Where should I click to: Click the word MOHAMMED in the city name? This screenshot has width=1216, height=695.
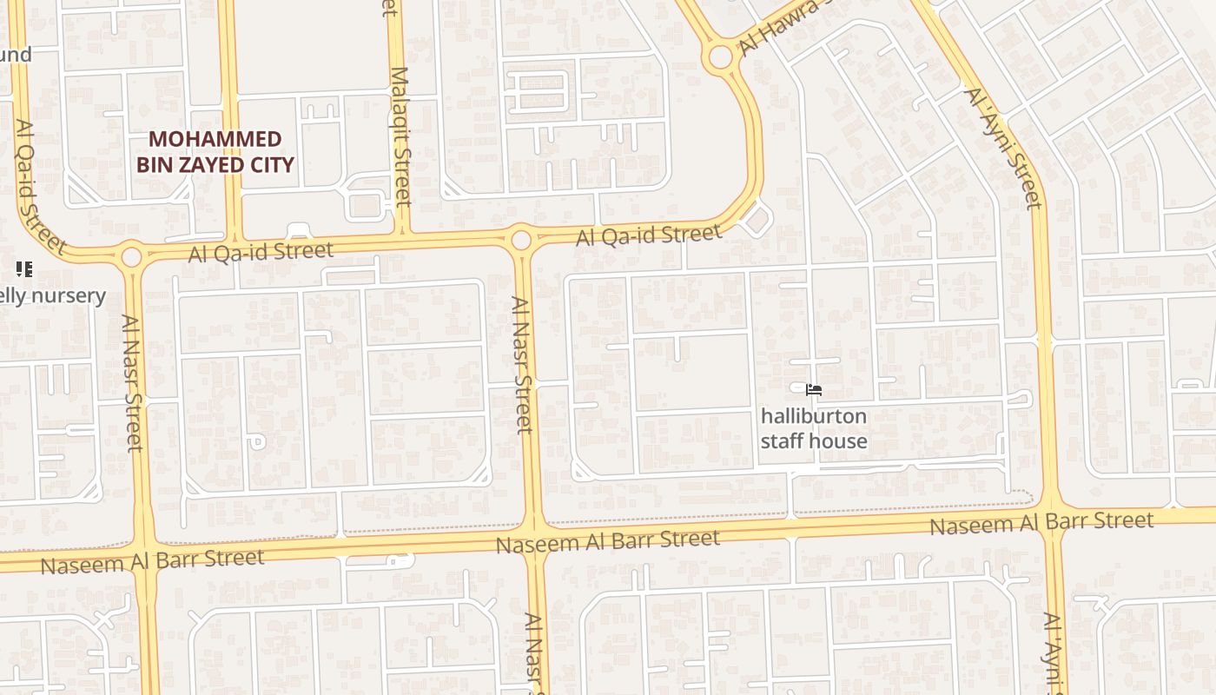click(215, 139)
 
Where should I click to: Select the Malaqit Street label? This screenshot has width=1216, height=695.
click(400, 136)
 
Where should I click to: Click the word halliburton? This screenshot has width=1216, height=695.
click(813, 416)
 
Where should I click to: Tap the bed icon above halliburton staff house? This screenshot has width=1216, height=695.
click(814, 390)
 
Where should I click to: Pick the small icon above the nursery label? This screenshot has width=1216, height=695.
click(24, 269)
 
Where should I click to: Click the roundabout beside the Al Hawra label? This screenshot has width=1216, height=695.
click(720, 57)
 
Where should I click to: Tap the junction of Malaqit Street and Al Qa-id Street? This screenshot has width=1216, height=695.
click(402, 234)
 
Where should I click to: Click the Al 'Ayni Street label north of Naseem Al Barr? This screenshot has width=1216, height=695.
click(1004, 148)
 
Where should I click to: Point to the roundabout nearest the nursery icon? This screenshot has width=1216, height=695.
click(131, 257)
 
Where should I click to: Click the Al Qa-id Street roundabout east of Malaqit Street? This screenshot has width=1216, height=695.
click(521, 239)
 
